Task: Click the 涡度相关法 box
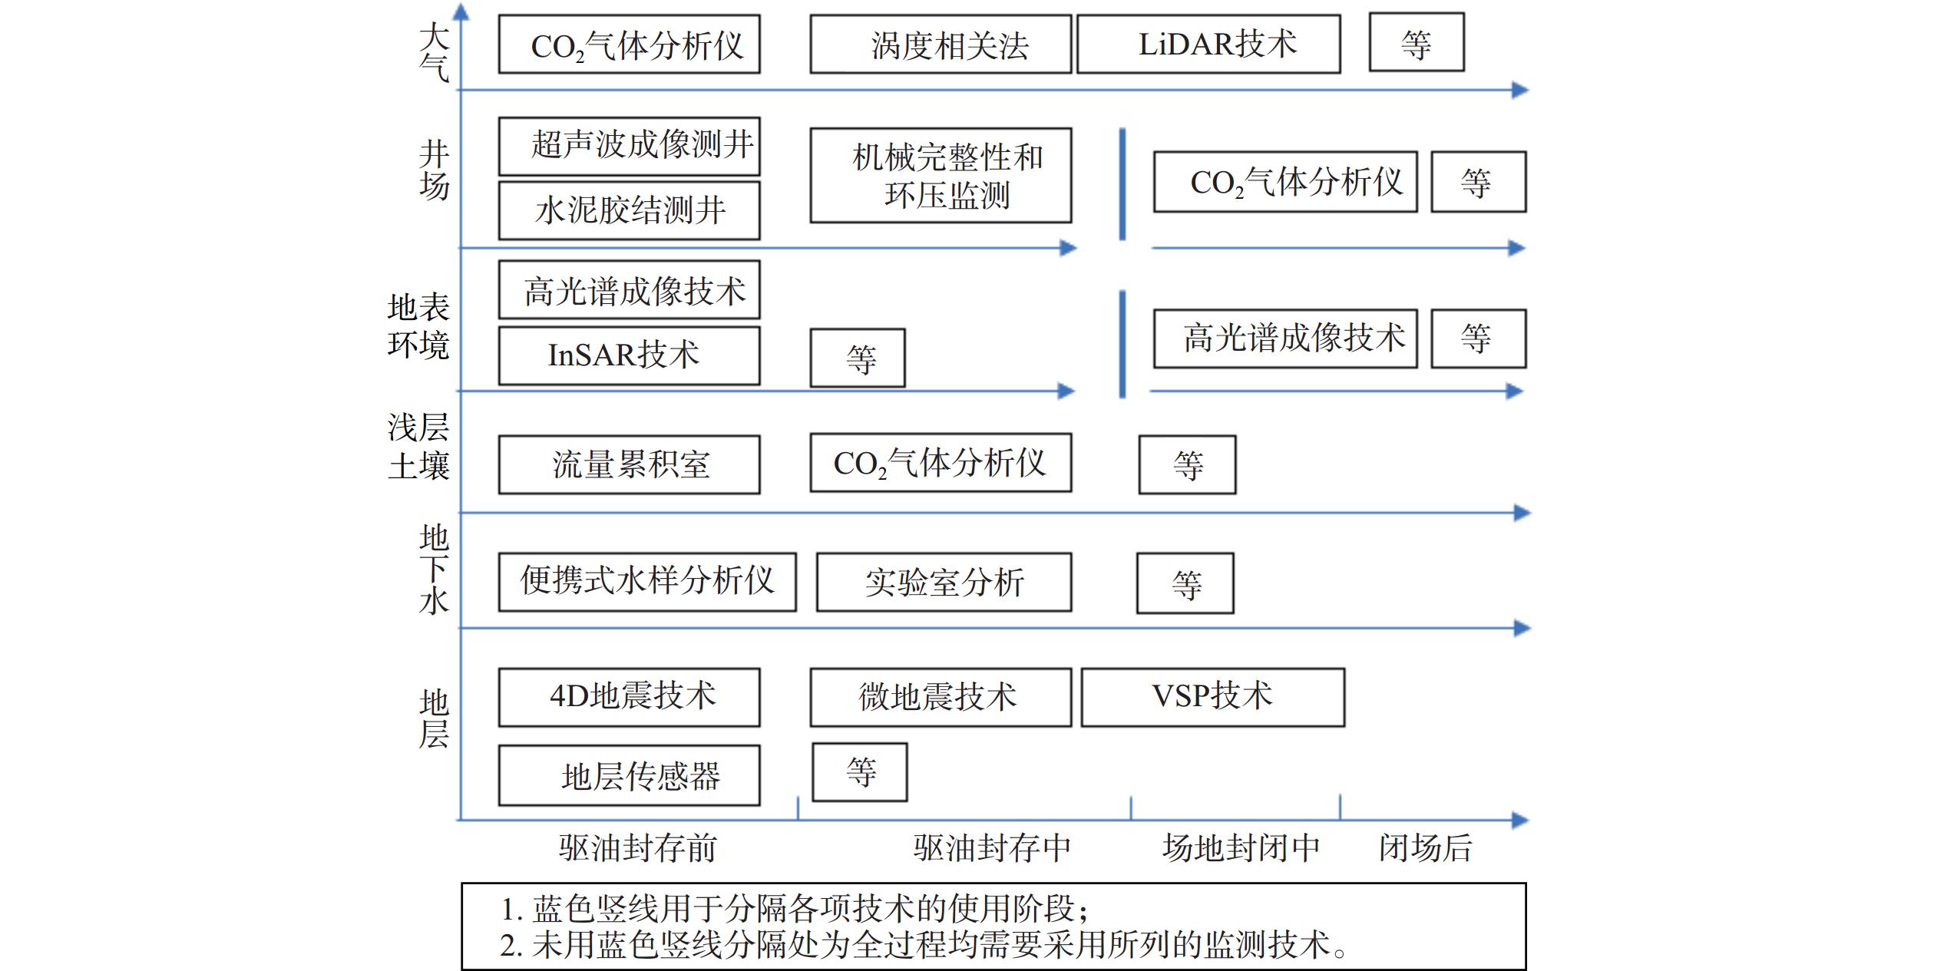(x=941, y=45)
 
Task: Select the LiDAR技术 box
(x=1208, y=45)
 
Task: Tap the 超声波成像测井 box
(x=630, y=146)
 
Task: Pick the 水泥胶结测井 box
(x=630, y=210)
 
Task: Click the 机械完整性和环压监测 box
(x=941, y=176)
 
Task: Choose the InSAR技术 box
(x=630, y=355)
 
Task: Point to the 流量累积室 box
(x=630, y=464)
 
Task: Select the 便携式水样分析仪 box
(x=647, y=582)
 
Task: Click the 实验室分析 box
(x=944, y=582)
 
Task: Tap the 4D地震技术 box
(x=630, y=697)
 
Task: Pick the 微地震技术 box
(x=941, y=697)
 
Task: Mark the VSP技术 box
(x=1213, y=697)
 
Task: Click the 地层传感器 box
(x=630, y=775)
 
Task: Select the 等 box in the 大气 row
(x=1417, y=43)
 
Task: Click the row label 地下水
(x=434, y=570)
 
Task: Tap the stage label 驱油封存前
(x=637, y=848)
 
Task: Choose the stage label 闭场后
(x=1426, y=848)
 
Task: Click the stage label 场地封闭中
(x=1241, y=848)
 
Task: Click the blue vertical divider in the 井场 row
(x=1122, y=184)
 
